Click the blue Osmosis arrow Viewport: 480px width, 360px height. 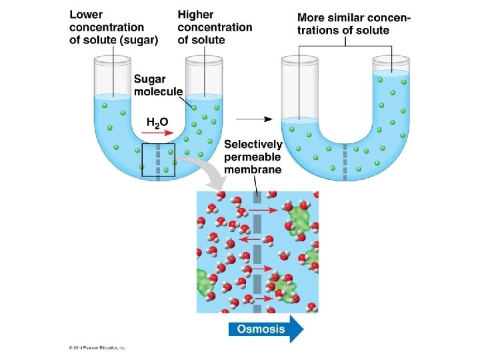tap(266, 328)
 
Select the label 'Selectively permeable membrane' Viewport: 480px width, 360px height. tap(253, 157)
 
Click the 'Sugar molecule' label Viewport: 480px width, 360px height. tap(158, 86)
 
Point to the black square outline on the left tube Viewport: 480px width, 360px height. tap(159, 160)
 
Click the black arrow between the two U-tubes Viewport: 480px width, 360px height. tap(254, 119)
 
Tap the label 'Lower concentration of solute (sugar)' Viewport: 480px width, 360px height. tap(113, 27)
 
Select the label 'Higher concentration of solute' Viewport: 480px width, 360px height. tap(215, 27)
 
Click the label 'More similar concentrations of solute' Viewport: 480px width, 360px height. tap(353, 24)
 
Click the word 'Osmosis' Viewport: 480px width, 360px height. tap(261, 328)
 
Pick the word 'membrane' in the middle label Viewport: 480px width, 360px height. tap(253, 169)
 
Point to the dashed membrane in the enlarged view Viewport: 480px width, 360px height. tap(257, 253)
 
